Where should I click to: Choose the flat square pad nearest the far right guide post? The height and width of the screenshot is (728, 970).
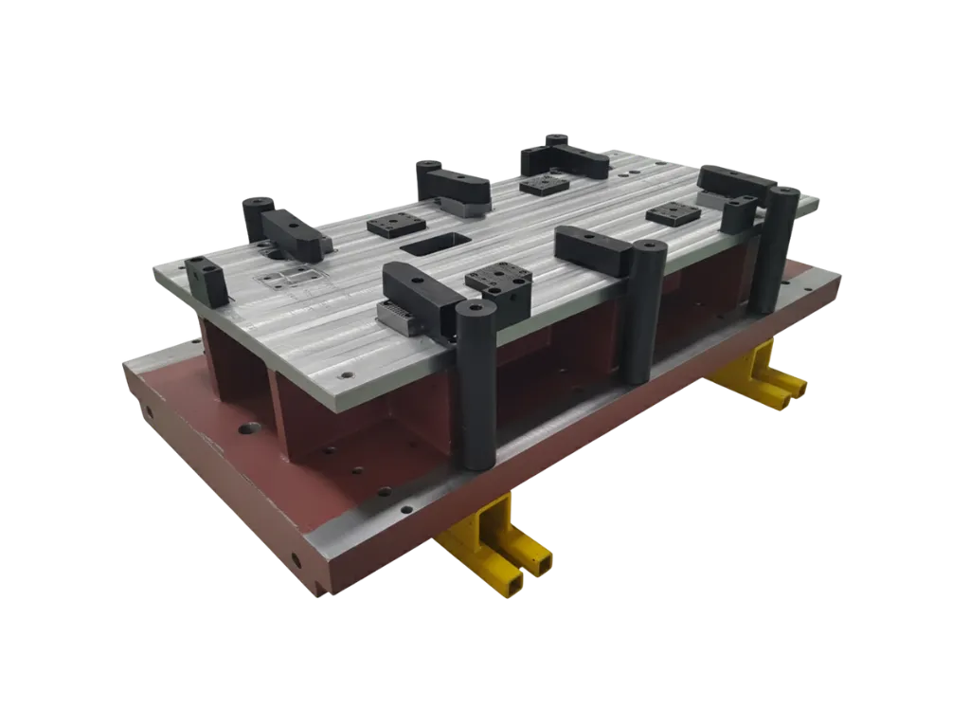click(x=674, y=213)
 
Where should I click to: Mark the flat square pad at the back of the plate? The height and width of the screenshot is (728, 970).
click(x=545, y=184)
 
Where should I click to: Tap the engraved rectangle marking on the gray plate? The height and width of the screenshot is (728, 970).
click(x=290, y=278)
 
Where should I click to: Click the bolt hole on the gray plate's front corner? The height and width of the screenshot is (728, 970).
click(x=345, y=375)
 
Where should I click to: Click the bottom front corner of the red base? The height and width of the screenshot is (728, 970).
click(x=317, y=588)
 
